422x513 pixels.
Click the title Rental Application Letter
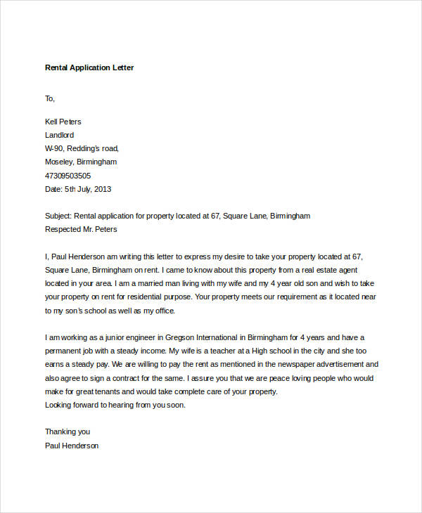pyautogui.click(x=89, y=68)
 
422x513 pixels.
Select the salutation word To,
pyautogui.click(x=50, y=98)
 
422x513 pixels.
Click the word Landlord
pyautogui.click(x=59, y=135)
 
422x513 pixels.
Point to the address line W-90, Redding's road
pyautogui.click(x=82, y=148)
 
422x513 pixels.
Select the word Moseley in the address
pyautogui.click(x=60, y=162)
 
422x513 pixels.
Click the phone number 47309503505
pyautogui.click(x=68, y=176)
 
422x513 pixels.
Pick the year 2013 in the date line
pyautogui.click(x=102, y=189)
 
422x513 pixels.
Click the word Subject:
pyautogui.click(x=60, y=216)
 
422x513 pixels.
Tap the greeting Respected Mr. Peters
pyautogui.click(x=81, y=229)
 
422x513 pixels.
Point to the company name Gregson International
pyautogui.click(x=209, y=337)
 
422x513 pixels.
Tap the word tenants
pyautogui.click(x=126, y=391)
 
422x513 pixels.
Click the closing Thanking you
pyautogui.click(x=68, y=431)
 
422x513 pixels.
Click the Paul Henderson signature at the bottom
pyautogui.click(x=72, y=446)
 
